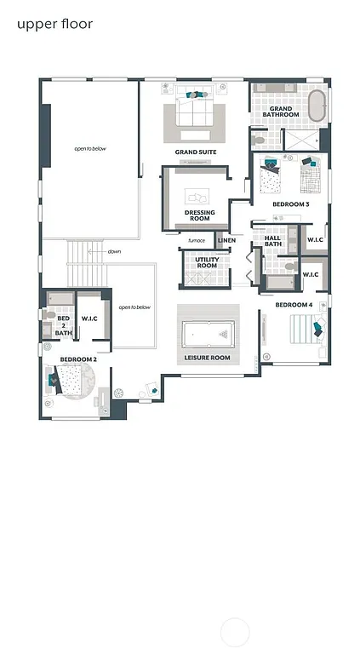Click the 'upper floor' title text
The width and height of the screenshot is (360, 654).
pyautogui.click(x=54, y=24)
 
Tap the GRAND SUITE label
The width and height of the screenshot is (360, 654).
pyautogui.click(x=196, y=152)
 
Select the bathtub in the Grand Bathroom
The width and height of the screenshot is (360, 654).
pyautogui.click(x=317, y=106)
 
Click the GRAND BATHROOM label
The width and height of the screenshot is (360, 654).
pyautogui.click(x=281, y=112)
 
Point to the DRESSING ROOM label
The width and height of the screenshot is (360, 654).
pyautogui.click(x=199, y=215)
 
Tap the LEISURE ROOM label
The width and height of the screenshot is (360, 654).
pyautogui.click(x=208, y=358)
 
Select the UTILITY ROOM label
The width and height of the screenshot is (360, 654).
pyautogui.click(x=207, y=262)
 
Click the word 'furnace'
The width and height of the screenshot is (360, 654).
pyautogui.click(x=197, y=240)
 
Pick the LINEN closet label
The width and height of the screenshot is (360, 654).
pyautogui.click(x=226, y=240)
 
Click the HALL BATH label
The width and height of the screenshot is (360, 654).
pyautogui.click(x=272, y=242)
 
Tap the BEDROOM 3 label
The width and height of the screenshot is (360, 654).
pyautogui.click(x=291, y=204)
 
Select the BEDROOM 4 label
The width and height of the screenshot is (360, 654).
pyautogui.click(x=294, y=304)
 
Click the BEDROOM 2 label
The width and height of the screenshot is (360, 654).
pyautogui.click(x=77, y=359)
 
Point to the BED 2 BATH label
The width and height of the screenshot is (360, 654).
pyautogui.click(x=63, y=325)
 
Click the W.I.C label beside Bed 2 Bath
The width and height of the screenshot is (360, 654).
pyautogui.click(x=91, y=318)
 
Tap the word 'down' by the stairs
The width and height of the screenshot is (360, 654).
pyautogui.click(x=114, y=252)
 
